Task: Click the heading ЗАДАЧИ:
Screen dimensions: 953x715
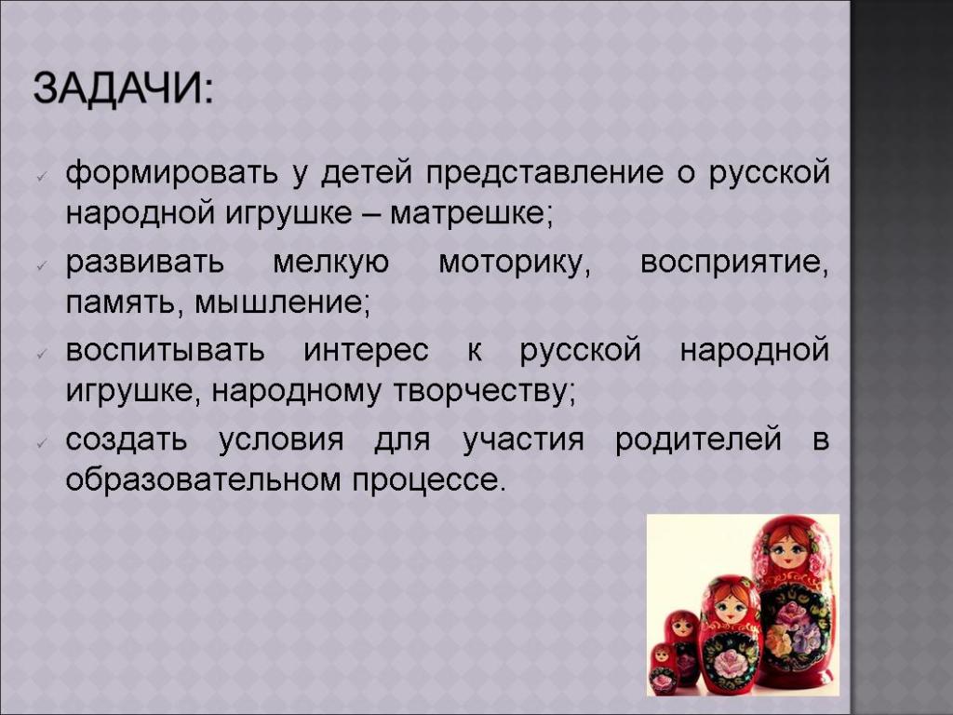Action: (x=124, y=88)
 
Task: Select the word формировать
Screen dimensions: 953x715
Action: (x=172, y=173)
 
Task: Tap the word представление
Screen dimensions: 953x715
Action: (x=544, y=173)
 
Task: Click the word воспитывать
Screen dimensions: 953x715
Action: (x=166, y=351)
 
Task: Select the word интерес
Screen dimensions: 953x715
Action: (x=366, y=351)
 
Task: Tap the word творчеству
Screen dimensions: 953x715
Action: (x=484, y=392)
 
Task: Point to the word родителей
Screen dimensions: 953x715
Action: (x=698, y=439)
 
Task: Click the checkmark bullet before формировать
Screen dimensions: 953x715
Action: (x=42, y=176)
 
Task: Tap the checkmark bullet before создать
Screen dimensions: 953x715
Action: (x=42, y=442)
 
